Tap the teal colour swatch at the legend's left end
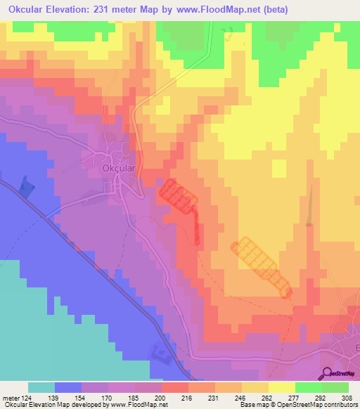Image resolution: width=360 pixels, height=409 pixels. [41, 387]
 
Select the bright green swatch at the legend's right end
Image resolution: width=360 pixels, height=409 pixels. [335, 387]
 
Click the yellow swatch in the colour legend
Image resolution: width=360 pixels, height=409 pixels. [281, 387]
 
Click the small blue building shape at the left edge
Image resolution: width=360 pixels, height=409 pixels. [26, 187]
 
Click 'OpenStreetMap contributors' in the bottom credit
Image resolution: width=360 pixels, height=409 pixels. [320, 405]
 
